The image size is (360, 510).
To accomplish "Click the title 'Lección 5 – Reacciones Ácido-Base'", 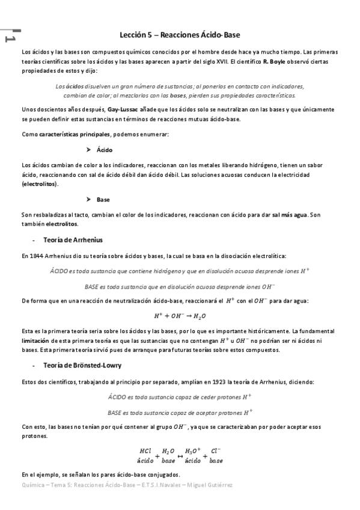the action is [180, 35].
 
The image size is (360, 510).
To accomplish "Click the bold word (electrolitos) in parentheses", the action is [40, 183].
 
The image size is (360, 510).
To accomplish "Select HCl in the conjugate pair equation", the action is [145, 450].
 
